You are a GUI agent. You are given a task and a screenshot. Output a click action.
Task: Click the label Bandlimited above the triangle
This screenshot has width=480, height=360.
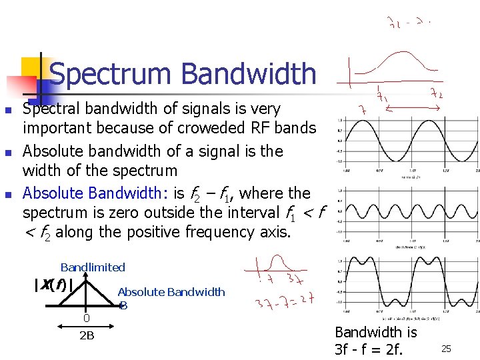click(93, 267)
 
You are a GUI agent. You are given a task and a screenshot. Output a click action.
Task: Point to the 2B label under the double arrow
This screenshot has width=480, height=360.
click(87, 335)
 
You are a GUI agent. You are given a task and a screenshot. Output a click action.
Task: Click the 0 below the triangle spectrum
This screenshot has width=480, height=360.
click(86, 318)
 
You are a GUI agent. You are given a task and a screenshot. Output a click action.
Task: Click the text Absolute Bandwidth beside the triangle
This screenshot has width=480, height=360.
click(171, 292)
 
